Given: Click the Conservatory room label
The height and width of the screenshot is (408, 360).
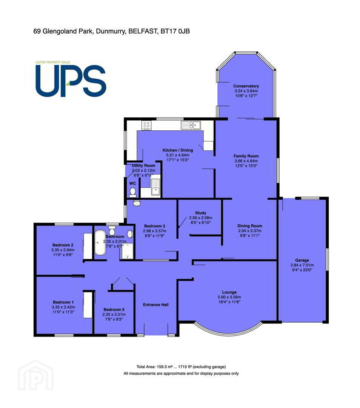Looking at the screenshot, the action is (x=246, y=86).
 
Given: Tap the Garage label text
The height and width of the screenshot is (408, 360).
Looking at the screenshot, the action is (x=302, y=260).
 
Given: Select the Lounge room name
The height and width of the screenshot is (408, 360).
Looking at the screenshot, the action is (x=229, y=292).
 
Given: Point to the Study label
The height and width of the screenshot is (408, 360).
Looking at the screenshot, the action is (x=201, y=213).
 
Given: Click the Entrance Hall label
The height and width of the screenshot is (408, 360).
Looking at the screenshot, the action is (x=156, y=305).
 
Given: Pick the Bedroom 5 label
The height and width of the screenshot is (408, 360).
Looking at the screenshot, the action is (x=114, y=310).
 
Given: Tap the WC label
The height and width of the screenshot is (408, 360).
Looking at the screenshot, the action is (x=132, y=184).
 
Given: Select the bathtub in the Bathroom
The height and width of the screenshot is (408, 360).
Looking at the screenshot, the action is (x=100, y=243).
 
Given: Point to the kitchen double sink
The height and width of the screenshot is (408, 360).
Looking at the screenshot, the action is (x=191, y=125).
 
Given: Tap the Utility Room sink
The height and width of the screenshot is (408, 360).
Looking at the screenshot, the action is (x=156, y=187).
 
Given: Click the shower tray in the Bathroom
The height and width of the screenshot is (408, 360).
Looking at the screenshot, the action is (x=128, y=251).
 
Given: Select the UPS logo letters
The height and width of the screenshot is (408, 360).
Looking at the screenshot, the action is (x=71, y=81).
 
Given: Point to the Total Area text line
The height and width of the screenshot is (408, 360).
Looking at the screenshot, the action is (x=181, y=367).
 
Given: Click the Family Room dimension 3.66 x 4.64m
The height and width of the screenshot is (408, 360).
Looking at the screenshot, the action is (x=246, y=161).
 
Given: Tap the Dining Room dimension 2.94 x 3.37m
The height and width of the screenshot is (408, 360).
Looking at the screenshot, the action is (x=250, y=231).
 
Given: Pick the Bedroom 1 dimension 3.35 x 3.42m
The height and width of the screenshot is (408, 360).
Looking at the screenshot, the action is (x=63, y=307).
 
